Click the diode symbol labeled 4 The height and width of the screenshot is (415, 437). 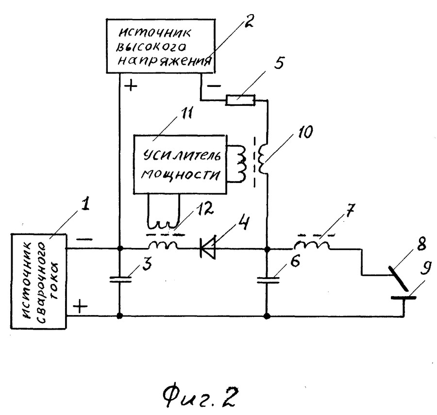pos(208,249)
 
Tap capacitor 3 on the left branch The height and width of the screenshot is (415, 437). pos(120,280)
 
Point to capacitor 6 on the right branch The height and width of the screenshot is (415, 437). pos(268,280)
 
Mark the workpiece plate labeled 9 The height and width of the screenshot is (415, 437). pos(403,298)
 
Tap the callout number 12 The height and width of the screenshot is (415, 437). pos(205,208)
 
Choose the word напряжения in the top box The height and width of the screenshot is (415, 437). pos(164,61)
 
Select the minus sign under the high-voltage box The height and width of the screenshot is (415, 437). pos(214,86)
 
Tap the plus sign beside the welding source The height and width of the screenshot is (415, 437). pos(80,307)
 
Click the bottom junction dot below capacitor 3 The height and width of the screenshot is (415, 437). pos(120,315)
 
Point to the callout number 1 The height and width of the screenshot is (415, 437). pos(85,205)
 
